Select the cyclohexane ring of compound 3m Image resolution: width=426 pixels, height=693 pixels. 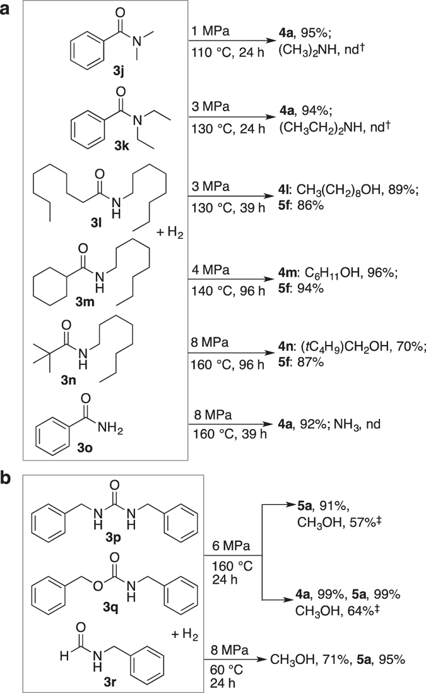click(x=57, y=297)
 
